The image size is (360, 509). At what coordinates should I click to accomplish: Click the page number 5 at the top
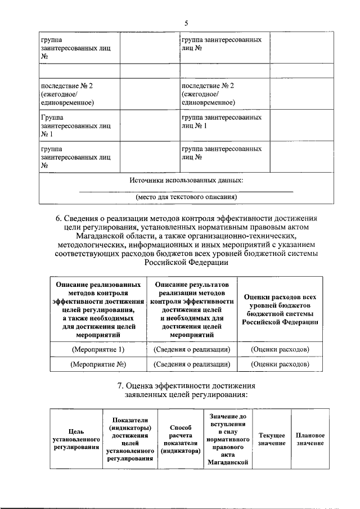tap(186, 22)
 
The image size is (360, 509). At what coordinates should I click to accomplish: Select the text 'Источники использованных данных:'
tap(186, 181)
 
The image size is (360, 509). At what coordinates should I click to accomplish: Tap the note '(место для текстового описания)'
tap(186, 197)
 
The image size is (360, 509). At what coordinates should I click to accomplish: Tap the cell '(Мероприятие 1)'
tap(97, 349)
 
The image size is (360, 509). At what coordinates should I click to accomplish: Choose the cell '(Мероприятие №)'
tap(97, 364)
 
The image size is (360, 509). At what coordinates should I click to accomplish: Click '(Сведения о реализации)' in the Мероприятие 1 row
tap(191, 349)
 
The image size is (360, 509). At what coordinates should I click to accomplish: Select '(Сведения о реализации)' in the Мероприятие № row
tap(191, 364)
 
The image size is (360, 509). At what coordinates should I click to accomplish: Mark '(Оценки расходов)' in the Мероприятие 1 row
tap(280, 349)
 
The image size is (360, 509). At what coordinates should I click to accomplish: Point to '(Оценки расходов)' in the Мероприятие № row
tap(280, 364)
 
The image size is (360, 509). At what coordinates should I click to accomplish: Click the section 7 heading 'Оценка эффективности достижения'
tap(186, 386)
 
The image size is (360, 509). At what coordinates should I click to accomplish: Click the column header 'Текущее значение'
tap(272, 439)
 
